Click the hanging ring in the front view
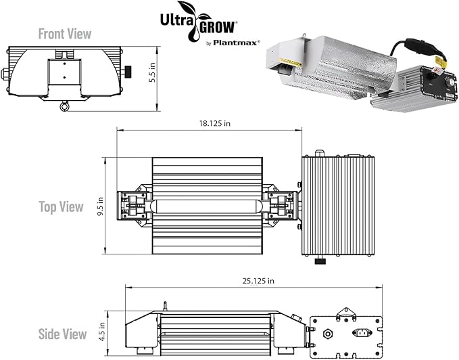click(65, 106)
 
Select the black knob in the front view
click(126, 70)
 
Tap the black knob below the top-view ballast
click(320, 260)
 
